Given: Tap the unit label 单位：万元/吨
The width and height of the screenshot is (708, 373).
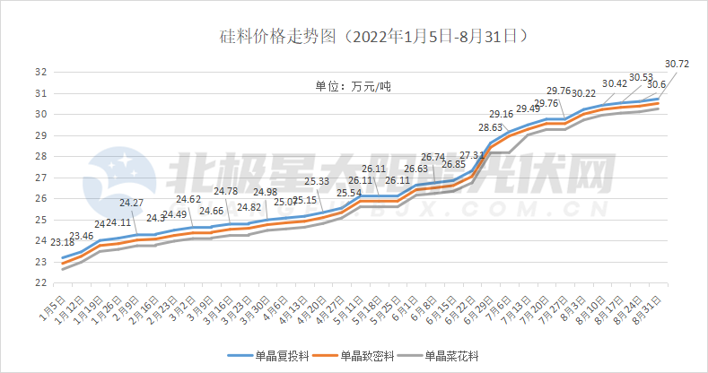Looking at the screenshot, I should coord(353,87).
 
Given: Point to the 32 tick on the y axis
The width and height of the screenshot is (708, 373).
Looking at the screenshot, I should coord(41,73).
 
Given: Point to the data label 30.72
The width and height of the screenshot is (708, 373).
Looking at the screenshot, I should coord(677,65).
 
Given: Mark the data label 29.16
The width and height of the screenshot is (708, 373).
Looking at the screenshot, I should coord(501,114).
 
